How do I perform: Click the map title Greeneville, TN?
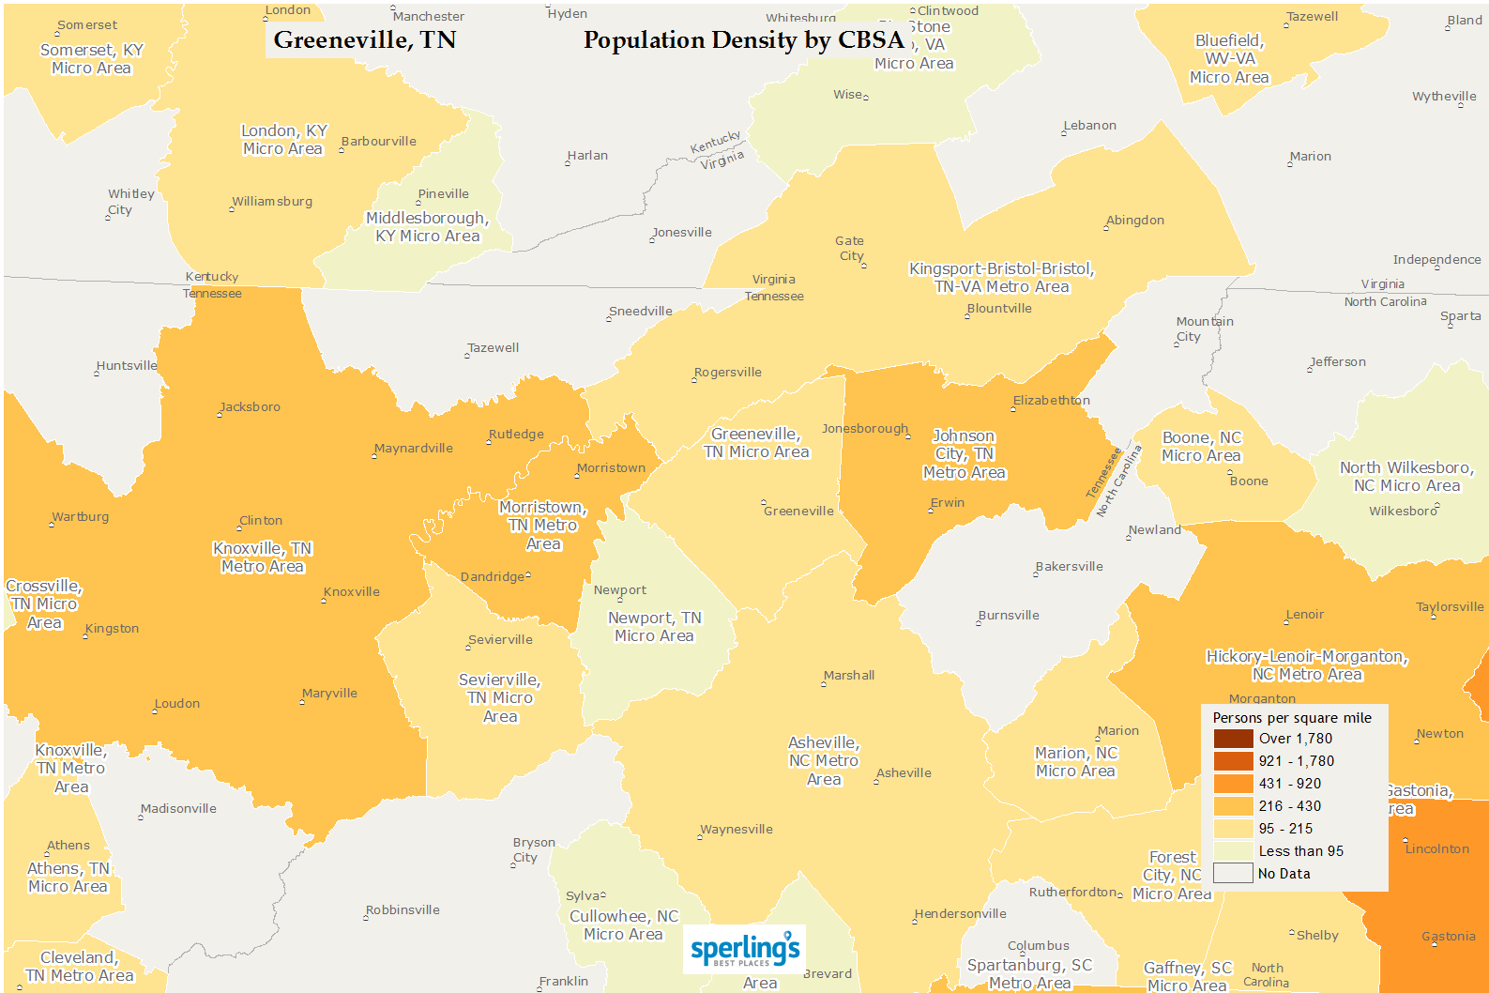[364, 39]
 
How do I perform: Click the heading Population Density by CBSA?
[743, 39]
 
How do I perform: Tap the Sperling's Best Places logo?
[744, 950]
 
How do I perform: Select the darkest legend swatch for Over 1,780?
[1233, 739]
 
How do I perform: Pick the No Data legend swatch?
[1233, 874]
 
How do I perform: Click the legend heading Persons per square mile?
[1291, 718]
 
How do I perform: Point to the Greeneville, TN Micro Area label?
[756, 443]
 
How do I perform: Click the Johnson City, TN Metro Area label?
[964, 454]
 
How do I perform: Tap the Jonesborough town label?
[865, 429]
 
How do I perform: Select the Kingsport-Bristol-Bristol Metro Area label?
[1001, 278]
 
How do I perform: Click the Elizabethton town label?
[1051, 401]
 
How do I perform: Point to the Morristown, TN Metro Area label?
[542, 526]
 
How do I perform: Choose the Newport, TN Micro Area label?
[654, 627]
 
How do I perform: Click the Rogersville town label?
[728, 373]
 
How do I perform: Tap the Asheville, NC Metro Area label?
[824, 761]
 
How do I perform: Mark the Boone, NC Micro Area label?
[1201, 447]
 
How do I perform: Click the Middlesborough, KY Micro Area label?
[427, 227]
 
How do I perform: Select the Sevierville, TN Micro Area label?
[499, 698]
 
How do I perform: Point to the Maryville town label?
[330, 694]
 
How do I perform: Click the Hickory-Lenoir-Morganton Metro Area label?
[1306, 665]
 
